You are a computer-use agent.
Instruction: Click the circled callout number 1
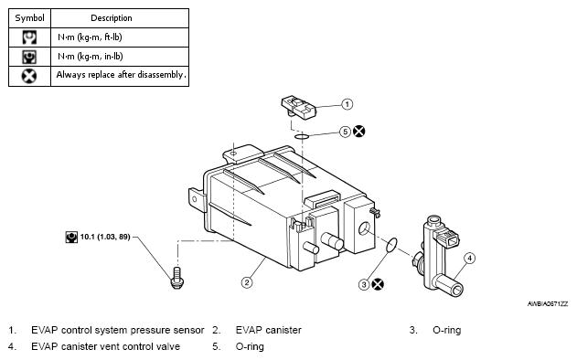347,104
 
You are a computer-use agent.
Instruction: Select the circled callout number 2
247,282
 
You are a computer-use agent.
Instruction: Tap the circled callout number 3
364,284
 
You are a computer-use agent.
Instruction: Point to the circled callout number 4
469,259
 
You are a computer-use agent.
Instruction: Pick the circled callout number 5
345,132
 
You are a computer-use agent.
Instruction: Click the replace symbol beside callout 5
359,132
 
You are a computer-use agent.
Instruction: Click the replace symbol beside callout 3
378,284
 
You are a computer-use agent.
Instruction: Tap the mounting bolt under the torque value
177,278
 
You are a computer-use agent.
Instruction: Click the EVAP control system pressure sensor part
298,108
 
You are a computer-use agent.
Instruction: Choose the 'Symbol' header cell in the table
30,18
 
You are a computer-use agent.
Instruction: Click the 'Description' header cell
120,18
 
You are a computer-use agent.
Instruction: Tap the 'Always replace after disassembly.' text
120,75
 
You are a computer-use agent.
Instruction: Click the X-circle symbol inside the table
29,76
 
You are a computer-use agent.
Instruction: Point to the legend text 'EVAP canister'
268,330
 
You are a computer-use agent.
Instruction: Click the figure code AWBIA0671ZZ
548,304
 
